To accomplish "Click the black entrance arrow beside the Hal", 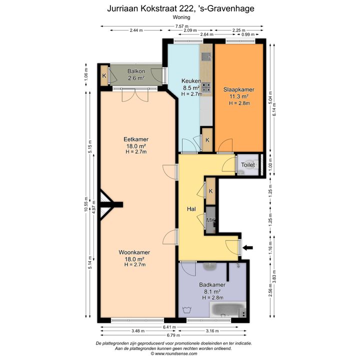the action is pos(247,247).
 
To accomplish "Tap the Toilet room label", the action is pos(247,165).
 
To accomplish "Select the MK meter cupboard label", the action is pos(210,220).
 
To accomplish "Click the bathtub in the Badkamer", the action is pos(228,309).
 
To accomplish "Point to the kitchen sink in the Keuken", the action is pos(206,56).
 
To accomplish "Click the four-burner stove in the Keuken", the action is pos(206,87).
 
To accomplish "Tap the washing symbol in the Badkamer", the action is pos(187,309).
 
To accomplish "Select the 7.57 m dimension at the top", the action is pos(182,26).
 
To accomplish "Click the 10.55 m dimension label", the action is pos(86,204).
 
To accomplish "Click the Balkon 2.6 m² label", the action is pos(136,74).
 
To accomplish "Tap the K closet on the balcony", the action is pos(104,75).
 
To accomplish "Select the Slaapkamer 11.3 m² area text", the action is pos(239,96).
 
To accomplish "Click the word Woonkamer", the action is pos(134,252).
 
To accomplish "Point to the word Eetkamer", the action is pos(136,139).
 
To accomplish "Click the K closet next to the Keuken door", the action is pos(207,140).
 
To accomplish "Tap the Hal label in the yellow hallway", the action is pos(191,208).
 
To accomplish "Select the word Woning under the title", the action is pos(181,17).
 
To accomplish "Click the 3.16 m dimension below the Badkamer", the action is pos(212,331).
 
